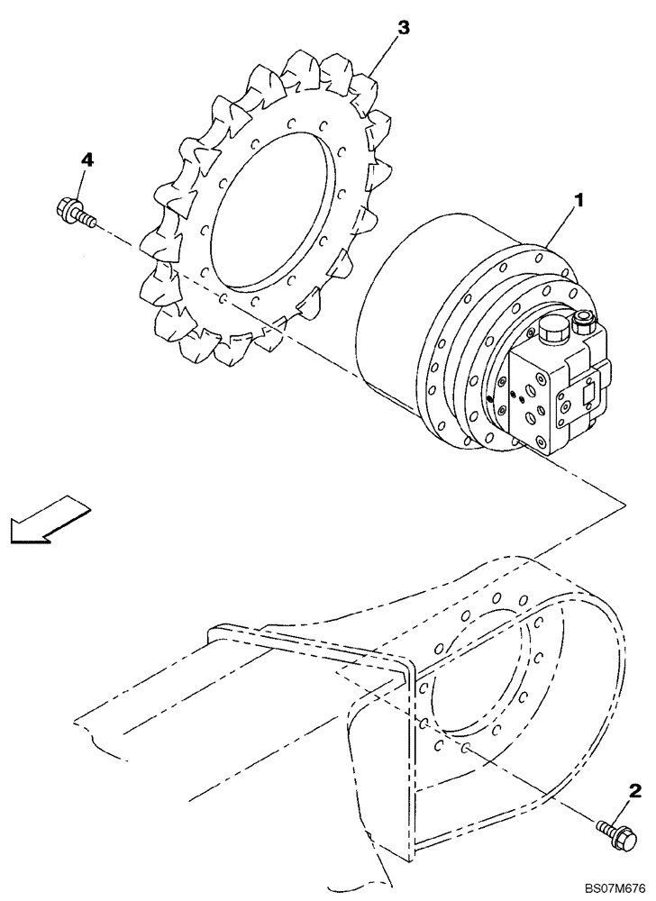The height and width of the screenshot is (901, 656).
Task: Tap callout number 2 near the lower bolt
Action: click(635, 792)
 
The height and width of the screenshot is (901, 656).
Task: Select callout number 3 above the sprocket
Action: click(403, 28)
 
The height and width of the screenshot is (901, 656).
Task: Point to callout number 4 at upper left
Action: click(87, 159)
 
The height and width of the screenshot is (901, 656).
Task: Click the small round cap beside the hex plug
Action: click(582, 318)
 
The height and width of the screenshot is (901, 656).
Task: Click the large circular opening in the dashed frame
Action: click(478, 676)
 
